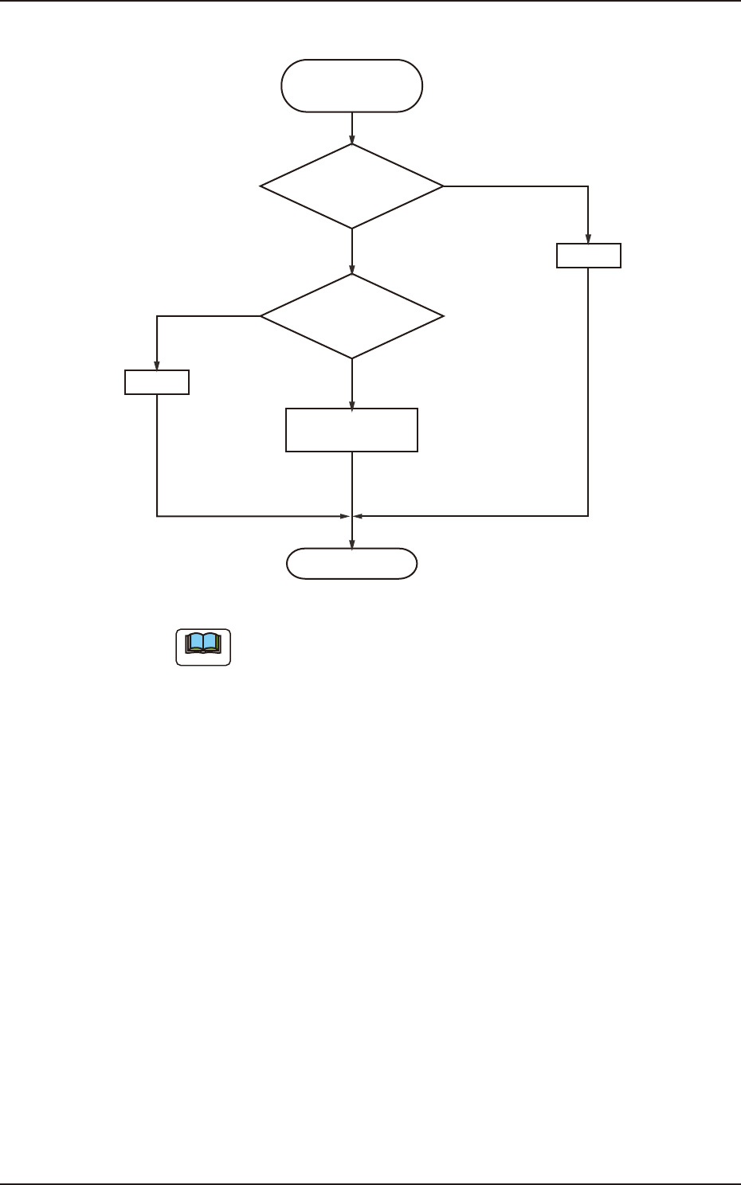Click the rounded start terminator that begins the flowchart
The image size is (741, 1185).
pyautogui.click(x=351, y=85)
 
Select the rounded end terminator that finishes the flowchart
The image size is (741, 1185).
pyautogui.click(x=351, y=564)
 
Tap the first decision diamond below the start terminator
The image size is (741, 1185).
pyautogui.click(x=351, y=186)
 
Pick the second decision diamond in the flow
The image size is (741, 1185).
pyautogui.click(x=351, y=316)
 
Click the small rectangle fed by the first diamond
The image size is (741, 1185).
pyautogui.click(x=588, y=256)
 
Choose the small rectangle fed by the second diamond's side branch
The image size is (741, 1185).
pyautogui.click(x=157, y=382)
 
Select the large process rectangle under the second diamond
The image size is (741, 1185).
pyautogui.click(x=351, y=430)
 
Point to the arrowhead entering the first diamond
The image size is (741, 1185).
pyautogui.click(x=351, y=139)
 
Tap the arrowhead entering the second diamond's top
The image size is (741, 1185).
pyautogui.click(x=351, y=269)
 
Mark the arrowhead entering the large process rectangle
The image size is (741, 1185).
pyautogui.click(x=351, y=405)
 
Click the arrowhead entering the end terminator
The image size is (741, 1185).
pyautogui.click(x=351, y=544)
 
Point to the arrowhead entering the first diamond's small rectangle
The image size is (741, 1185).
pyautogui.click(x=588, y=239)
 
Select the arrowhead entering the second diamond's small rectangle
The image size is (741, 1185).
pyautogui.click(x=157, y=366)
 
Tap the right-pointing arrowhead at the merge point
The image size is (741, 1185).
pyautogui.click(x=347, y=516)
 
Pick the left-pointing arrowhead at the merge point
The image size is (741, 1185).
pyautogui.click(x=357, y=516)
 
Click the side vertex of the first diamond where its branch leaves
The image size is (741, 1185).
pyautogui.click(x=443, y=186)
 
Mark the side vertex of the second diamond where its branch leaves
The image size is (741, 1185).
pyautogui.click(x=261, y=316)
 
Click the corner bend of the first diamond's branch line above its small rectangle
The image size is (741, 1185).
pyautogui.click(x=588, y=186)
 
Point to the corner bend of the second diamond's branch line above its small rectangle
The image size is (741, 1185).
pyautogui.click(x=157, y=316)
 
